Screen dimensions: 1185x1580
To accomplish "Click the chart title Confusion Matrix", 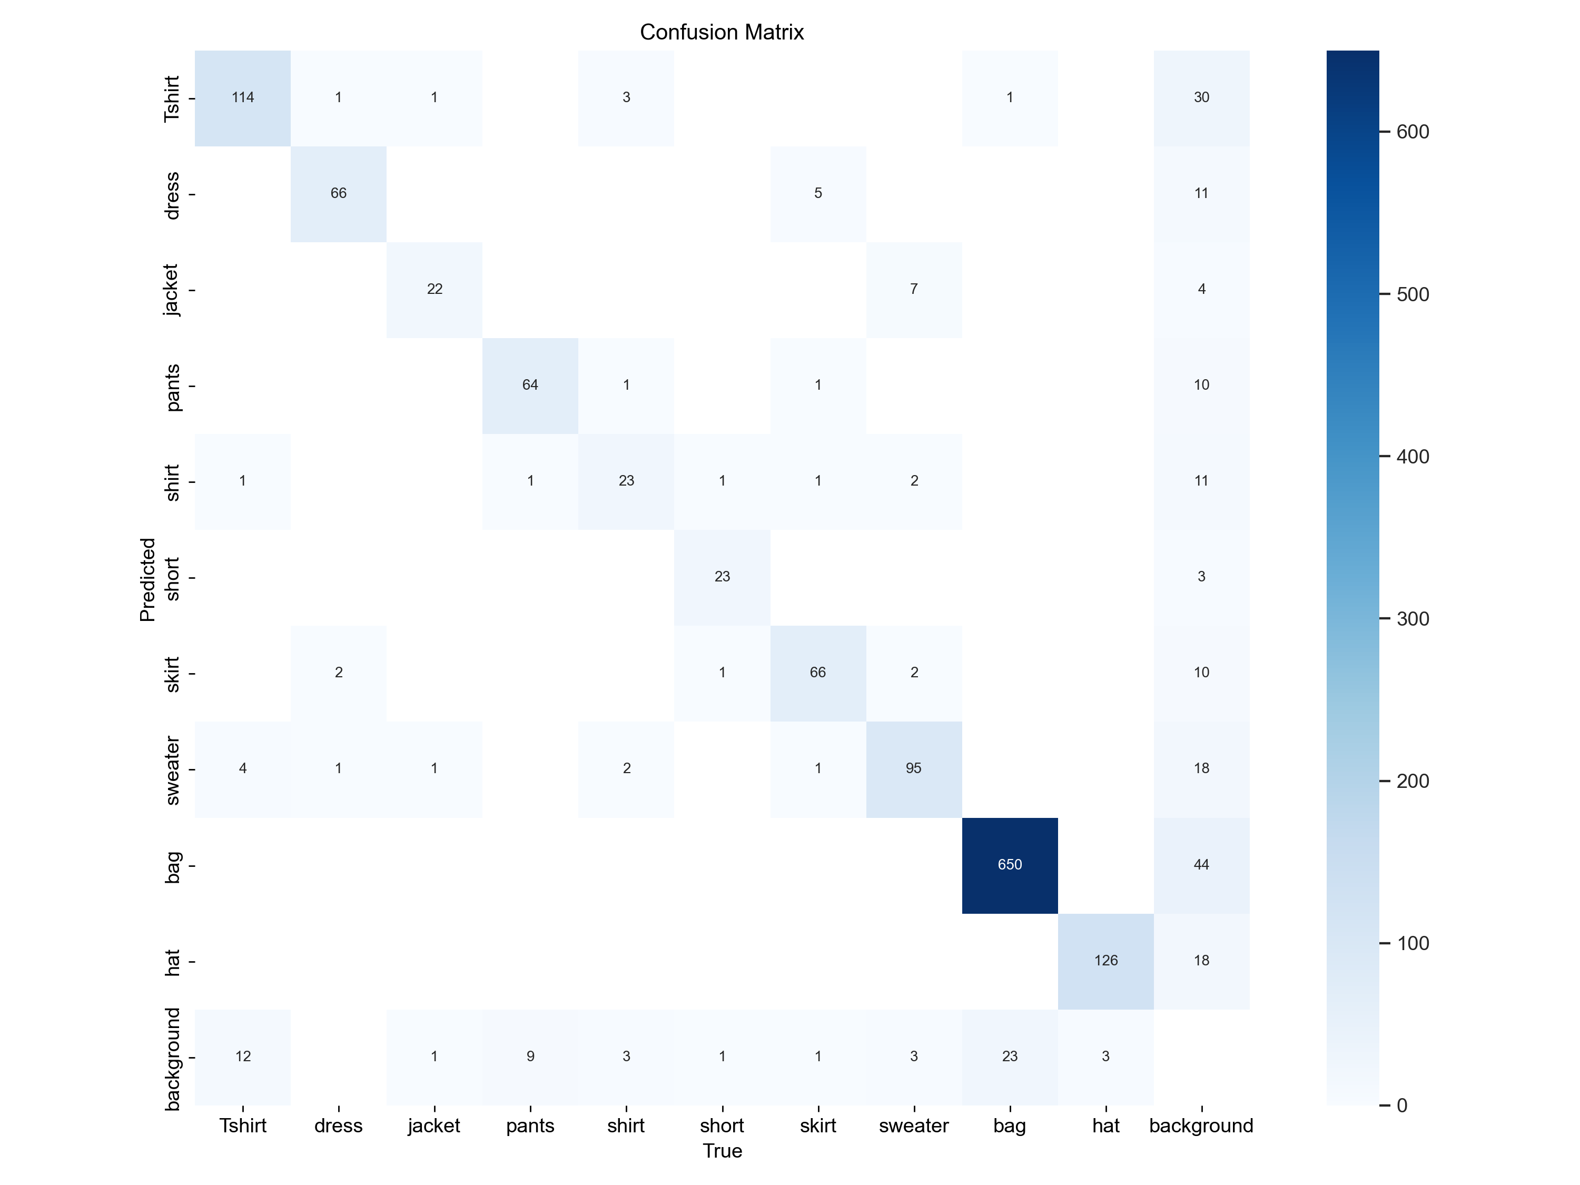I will click(x=722, y=32).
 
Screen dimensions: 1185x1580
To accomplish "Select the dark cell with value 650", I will click(x=1009, y=865).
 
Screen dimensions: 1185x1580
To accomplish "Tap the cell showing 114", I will click(x=243, y=98).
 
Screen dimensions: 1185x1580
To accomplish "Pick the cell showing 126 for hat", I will click(x=1105, y=961).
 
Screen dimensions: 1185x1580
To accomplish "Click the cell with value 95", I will click(x=914, y=768).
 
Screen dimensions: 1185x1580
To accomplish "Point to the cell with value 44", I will click(x=1201, y=865).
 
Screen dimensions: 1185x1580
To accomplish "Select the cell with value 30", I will click(x=1201, y=98).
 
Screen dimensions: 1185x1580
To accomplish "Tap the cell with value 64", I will click(x=530, y=385).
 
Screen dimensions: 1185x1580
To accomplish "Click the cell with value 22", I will click(x=434, y=289).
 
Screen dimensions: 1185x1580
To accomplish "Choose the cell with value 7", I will click(x=914, y=289).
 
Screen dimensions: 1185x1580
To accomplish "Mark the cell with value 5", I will click(x=818, y=194).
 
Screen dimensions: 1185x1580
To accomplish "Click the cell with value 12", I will click(x=243, y=1056).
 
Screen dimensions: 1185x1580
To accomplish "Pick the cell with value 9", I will click(x=530, y=1056).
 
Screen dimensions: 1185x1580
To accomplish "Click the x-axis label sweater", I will click(x=914, y=1127).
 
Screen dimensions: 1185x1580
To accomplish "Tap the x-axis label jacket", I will click(x=434, y=1127).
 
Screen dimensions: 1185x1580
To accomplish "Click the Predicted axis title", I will click(x=147, y=579).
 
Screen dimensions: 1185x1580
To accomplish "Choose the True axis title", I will click(x=722, y=1151).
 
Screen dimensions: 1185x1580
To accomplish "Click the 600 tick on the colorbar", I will click(x=1412, y=132).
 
